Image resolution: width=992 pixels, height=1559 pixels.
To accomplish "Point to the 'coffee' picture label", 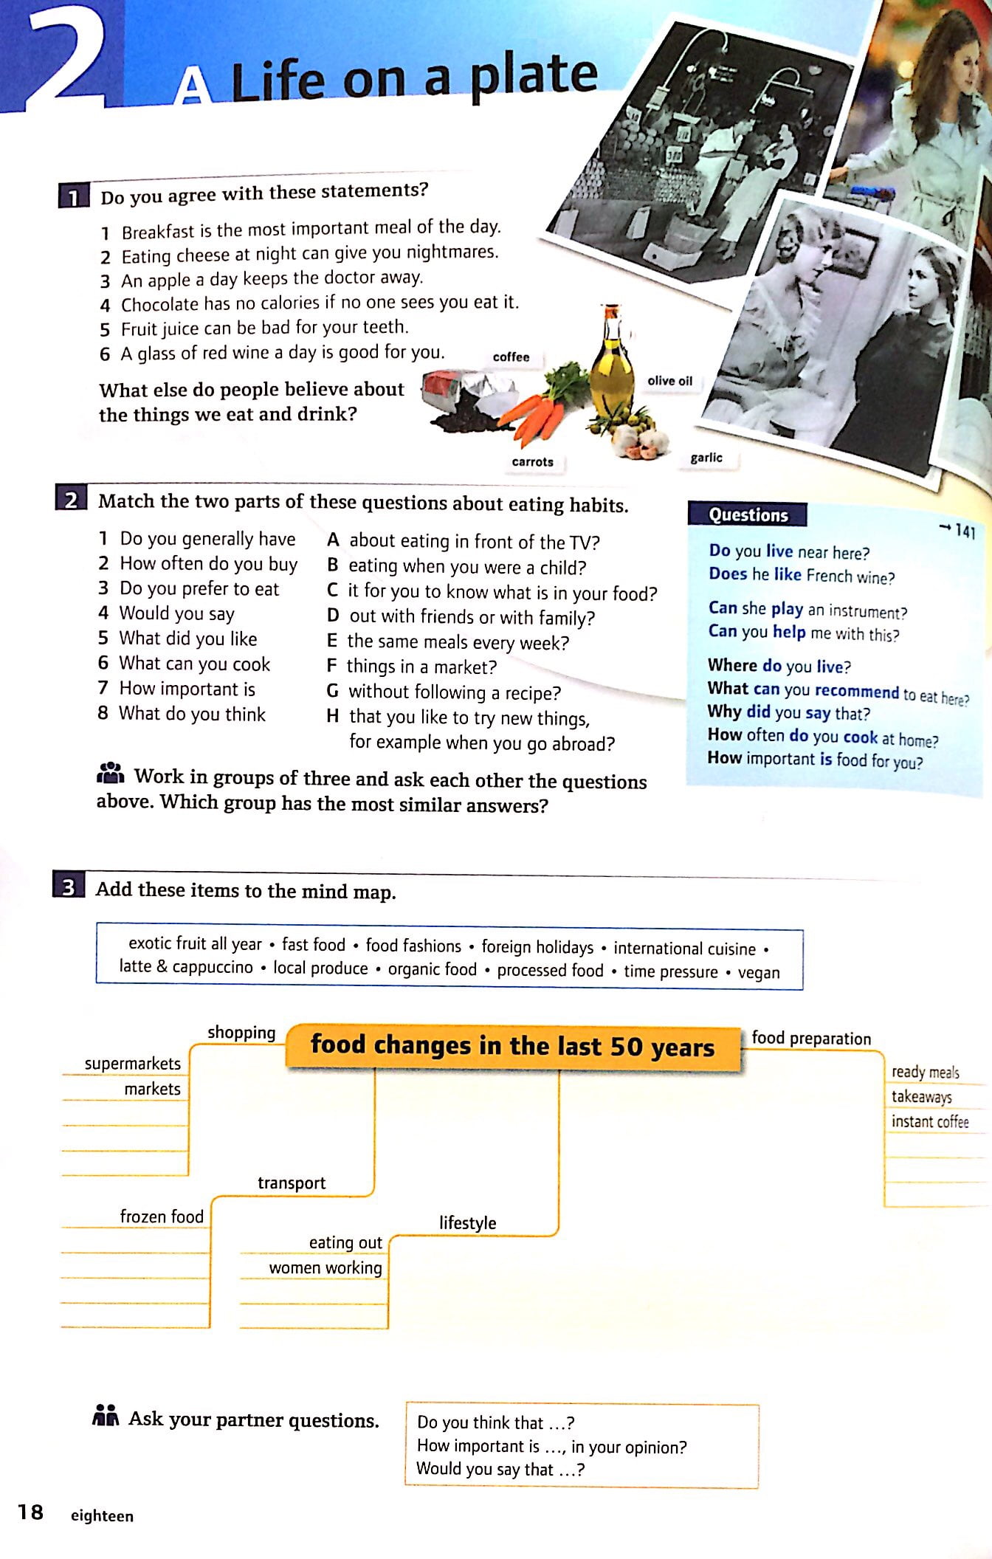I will pos(511,357).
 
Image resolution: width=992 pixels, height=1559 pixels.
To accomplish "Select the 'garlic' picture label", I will pos(706,458).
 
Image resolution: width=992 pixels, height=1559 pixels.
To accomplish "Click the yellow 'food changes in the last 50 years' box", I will pos(512,1046).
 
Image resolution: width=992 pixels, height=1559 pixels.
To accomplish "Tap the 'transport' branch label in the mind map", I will pos(292,1183).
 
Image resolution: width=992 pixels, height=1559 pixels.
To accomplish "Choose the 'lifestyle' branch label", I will pos(467,1223).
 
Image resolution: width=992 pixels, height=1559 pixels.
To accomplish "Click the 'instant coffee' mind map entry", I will pos(929,1122).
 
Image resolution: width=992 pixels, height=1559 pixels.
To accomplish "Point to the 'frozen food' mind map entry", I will pos(162,1216).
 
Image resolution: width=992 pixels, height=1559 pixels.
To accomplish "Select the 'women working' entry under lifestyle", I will pos(325,1268).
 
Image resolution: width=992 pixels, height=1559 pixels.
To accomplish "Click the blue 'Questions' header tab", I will pos(748,515).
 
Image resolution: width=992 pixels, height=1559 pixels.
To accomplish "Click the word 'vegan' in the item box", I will pos(759,973).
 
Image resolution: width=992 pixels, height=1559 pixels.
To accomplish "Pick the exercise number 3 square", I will pos(69,887).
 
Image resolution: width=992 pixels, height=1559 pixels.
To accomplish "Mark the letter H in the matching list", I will pos(333,716).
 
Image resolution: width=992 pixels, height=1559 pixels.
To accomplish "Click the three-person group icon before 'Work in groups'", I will pos(111,774).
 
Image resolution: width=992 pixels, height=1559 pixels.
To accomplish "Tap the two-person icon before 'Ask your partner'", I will pos(106,1417).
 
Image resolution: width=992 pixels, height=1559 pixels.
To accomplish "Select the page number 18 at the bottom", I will pos(31,1512).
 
